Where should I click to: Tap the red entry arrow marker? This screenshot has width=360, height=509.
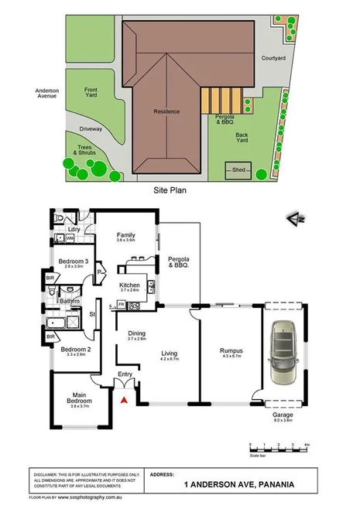[x=122, y=399]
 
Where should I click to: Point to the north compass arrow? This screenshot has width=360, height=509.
[x=292, y=217]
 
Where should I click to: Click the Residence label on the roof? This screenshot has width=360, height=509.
[x=166, y=111]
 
